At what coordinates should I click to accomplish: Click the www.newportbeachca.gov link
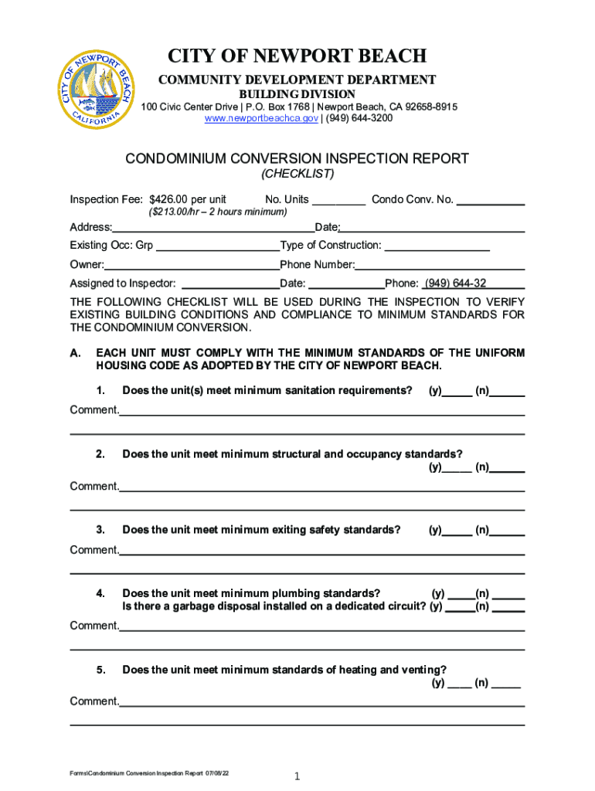(252, 118)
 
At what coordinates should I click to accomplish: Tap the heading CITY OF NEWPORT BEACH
(297, 56)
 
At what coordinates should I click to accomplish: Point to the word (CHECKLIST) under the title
(297, 174)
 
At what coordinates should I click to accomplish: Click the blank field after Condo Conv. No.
(491, 201)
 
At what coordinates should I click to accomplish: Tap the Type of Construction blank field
(437, 246)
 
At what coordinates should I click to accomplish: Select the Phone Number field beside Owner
(440, 266)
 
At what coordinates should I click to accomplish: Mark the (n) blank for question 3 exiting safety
(508, 531)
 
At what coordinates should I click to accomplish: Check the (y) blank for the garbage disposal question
(460, 608)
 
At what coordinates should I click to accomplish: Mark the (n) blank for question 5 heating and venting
(505, 684)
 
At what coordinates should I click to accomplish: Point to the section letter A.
(76, 353)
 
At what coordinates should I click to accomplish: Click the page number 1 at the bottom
(297, 776)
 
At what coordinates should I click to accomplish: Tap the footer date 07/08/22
(217, 773)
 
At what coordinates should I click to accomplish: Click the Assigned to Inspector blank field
(229, 284)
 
